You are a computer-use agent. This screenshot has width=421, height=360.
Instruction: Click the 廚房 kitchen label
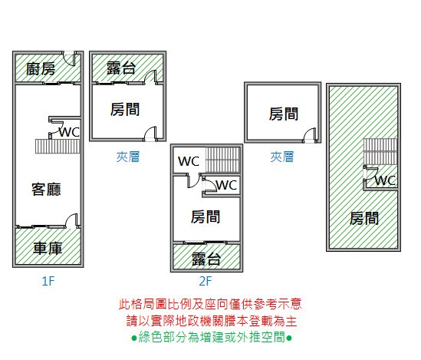(41, 69)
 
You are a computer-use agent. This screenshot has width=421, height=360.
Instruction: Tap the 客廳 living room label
(46, 189)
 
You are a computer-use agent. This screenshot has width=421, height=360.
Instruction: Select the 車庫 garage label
(48, 248)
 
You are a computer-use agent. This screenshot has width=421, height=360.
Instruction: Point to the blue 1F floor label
(48, 281)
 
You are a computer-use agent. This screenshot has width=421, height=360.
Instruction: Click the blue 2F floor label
(206, 281)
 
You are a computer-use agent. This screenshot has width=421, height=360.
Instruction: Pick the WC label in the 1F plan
(69, 132)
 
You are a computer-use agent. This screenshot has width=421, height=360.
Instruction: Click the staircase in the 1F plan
(58, 147)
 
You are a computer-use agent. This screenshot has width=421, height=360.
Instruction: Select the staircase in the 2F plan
(223, 160)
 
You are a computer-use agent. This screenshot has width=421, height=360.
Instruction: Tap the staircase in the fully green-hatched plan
(380, 151)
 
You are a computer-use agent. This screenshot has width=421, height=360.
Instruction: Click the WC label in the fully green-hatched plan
(385, 180)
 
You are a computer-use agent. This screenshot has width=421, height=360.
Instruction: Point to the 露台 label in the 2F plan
(206, 259)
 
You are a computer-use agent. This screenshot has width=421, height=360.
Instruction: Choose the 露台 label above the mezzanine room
(121, 68)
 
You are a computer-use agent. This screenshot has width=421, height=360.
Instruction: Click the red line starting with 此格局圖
(210, 304)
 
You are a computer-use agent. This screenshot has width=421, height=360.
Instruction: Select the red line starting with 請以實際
(212, 321)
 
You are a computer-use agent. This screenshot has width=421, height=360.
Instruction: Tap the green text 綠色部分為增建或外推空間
(212, 337)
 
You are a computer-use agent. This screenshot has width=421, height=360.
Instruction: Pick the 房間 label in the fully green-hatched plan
(364, 218)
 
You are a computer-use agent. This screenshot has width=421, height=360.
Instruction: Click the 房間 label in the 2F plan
(206, 216)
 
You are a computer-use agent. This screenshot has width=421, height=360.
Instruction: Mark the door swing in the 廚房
(69, 58)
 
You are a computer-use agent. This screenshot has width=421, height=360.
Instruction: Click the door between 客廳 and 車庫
(71, 221)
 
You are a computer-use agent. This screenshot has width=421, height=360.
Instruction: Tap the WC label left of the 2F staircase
(189, 161)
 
